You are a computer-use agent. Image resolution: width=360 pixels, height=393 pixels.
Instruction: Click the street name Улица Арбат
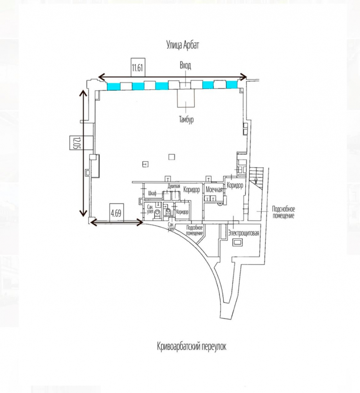coord(183,45)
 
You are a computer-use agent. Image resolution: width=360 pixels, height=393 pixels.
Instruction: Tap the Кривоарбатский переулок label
coord(192,346)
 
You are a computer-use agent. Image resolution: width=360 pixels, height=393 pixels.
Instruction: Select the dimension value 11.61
coord(138,68)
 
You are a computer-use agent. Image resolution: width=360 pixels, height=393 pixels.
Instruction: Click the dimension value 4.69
coord(116,213)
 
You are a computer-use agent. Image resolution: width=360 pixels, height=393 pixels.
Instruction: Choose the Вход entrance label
coord(185,65)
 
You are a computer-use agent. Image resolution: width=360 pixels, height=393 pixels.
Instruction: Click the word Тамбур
coord(186,119)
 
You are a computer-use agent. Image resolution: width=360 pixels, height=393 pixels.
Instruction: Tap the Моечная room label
coord(214,190)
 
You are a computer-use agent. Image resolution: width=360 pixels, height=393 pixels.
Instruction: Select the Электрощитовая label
coord(243,233)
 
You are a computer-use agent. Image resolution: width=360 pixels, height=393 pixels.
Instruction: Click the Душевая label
coord(174,186)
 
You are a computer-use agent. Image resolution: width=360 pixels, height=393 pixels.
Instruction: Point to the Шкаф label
coord(152,194)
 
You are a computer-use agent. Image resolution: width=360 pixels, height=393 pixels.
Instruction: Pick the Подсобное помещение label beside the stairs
coord(283,212)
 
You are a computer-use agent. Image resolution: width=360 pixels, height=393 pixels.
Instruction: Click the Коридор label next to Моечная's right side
coord(235,185)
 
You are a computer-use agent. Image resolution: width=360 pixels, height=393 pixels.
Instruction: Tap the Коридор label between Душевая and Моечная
coord(192,190)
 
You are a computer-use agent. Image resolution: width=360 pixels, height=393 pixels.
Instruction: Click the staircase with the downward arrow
coord(256,176)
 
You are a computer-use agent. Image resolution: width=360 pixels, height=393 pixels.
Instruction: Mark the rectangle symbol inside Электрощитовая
coord(237,242)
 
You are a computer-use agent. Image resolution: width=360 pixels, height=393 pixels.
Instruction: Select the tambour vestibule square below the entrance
coord(186,98)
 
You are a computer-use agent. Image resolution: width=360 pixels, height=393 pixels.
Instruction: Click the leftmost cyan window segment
coord(113,86)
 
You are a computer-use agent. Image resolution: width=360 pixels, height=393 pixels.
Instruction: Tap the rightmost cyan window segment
coord(231,85)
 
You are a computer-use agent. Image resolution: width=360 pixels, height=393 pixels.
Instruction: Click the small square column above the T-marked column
coord(171,157)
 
